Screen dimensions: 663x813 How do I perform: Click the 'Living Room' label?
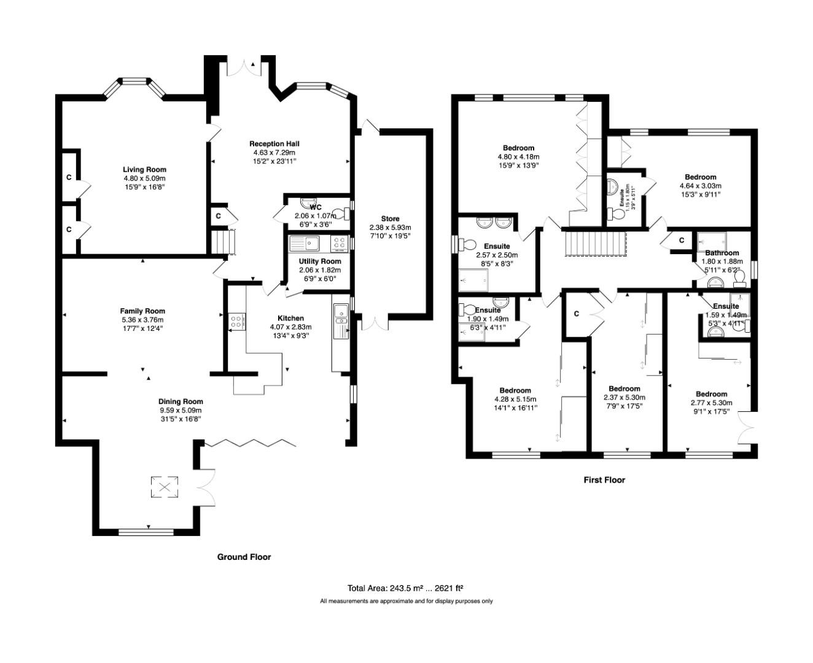click(144, 169)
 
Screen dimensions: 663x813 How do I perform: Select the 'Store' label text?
click(390, 219)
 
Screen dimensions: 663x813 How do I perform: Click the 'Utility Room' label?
click(320, 262)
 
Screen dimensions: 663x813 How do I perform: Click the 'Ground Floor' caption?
click(244, 557)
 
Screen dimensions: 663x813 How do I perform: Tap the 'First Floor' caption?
click(604, 480)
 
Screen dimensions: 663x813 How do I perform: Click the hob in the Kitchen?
click(236, 321)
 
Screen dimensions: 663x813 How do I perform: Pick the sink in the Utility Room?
click(305, 244)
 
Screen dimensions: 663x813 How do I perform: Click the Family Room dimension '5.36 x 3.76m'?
click(142, 320)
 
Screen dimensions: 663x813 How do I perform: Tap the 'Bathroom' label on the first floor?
click(722, 253)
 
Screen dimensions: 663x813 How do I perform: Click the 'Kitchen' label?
click(290, 318)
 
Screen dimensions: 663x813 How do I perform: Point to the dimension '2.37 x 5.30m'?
click(624, 397)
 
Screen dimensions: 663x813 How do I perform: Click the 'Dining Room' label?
click(181, 401)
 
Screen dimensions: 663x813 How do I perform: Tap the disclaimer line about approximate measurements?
click(406, 602)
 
